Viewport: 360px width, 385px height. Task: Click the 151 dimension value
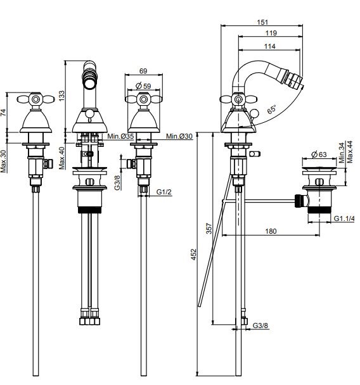pyautogui.click(x=262, y=22)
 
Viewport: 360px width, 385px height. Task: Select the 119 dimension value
pyautogui.click(x=271, y=33)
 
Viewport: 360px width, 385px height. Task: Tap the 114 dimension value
pyautogui.click(x=269, y=46)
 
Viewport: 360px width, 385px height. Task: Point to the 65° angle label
pyautogui.click(x=272, y=110)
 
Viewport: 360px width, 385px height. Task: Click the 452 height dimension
pyautogui.click(x=194, y=255)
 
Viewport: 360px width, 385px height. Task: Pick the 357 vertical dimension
pyautogui.click(x=209, y=229)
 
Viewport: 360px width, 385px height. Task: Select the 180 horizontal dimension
pyautogui.click(x=271, y=231)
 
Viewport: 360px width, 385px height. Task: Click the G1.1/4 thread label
pyautogui.click(x=344, y=218)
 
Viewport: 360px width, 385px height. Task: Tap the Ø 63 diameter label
pyautogui.click(x=319, y=155)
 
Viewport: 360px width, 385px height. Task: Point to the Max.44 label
pyautogui.click(x=350, y=152)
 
